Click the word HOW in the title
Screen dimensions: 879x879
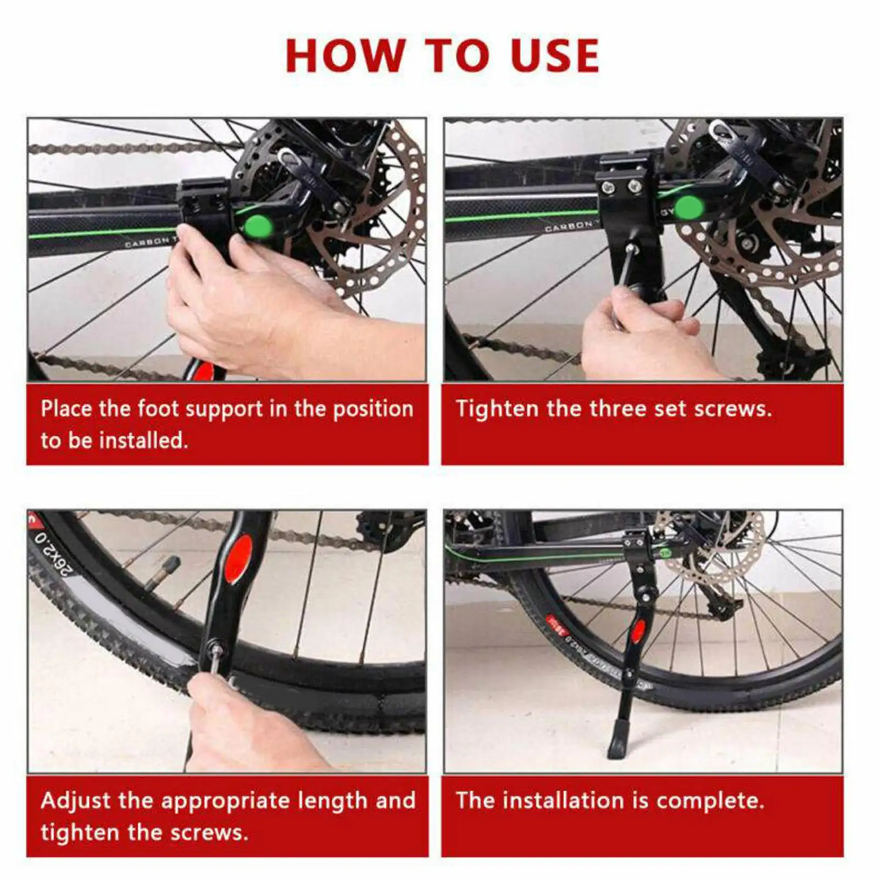click(x=344, y=55)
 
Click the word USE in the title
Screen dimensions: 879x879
click(x=554, y=55)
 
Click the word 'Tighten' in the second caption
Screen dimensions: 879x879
click(x=497, y=409)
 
